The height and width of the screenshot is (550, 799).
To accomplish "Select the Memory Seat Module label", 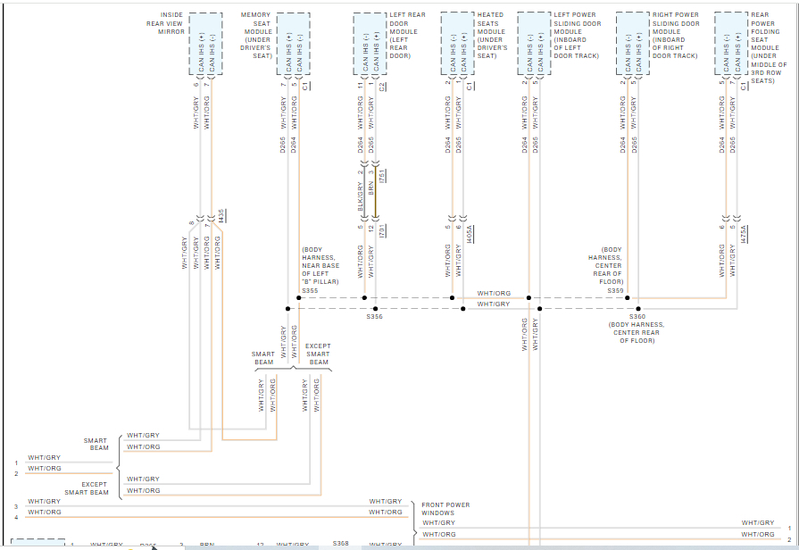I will [256, 36].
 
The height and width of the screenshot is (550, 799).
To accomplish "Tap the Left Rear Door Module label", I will [404, 36].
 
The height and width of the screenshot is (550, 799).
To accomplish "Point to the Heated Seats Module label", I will [490, 36].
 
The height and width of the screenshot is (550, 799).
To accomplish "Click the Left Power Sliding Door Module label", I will [577, 36].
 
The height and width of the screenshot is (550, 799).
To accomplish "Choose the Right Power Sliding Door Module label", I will [675, 36].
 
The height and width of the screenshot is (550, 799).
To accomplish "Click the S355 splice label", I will [310, 290].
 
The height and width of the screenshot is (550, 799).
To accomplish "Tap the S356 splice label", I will [374, 316].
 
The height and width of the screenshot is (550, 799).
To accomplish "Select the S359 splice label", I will [615, 290].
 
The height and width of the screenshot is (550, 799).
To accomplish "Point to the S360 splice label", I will [637, 316].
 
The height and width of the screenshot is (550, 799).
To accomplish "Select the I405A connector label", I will [470, 234].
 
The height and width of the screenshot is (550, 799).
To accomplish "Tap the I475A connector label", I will [743, 234].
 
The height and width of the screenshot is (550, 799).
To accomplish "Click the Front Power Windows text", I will [445, 509].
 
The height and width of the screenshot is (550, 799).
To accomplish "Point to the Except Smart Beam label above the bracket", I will [319, 354].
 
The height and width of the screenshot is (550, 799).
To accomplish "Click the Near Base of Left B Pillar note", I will [320, 265].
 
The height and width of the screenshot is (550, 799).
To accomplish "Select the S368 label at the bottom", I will [341, 543].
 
